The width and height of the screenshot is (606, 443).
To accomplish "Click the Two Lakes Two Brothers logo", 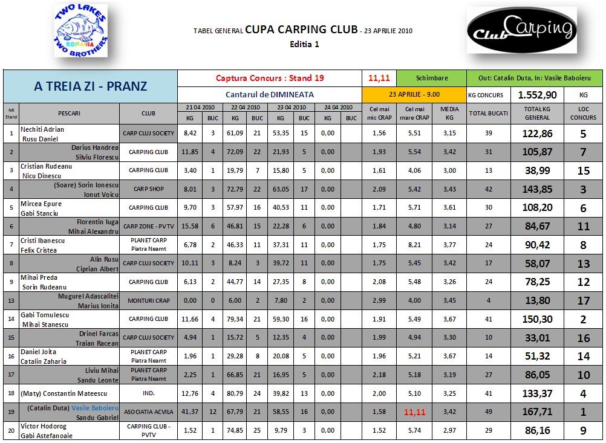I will (80, 31).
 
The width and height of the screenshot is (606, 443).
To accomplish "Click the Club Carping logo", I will (521, 30).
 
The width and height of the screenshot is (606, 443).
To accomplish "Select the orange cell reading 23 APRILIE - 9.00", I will (414, 94).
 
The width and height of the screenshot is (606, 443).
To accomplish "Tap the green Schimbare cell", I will (432, 78).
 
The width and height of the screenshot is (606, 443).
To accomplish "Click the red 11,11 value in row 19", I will (414, 412).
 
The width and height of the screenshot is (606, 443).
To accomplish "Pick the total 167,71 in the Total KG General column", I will (538, 412).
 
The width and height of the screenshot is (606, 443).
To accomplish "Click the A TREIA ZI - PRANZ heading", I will (90, 86).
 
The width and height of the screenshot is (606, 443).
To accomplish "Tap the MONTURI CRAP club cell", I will (149, 300).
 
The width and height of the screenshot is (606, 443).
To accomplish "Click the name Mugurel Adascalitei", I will (88, 296).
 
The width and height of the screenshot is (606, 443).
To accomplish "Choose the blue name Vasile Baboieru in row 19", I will (95, 408).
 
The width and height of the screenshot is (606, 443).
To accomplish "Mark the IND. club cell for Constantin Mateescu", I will (149, 393).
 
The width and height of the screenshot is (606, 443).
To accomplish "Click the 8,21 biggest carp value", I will (414, 245).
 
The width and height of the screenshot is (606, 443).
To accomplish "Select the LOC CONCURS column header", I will (583, 113).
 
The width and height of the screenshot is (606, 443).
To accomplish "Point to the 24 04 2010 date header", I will (338, 107).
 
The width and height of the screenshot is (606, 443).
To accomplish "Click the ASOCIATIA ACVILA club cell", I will (149, 412).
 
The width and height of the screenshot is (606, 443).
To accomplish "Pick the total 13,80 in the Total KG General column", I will (538, 300).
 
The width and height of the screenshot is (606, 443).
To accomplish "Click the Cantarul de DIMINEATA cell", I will (269, 94).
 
